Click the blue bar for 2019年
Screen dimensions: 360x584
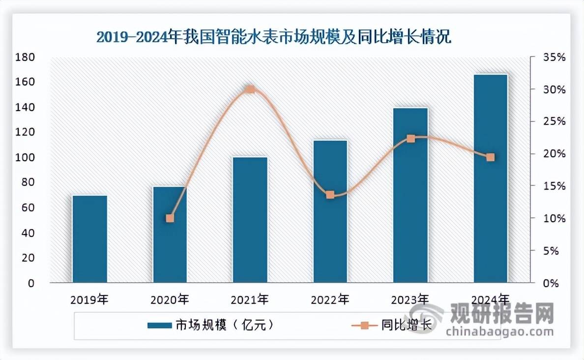coord(89,239)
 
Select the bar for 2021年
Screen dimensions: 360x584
coord(250,220)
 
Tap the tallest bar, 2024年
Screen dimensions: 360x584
coord(491,179)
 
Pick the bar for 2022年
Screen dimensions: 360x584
coord(330,211)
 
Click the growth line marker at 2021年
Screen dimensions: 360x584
coord(250,90)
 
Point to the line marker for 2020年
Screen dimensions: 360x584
coord(170,218)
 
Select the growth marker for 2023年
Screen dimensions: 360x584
coord(411,139)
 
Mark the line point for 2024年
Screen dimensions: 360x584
coord(491,157)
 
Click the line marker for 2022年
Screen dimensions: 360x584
coord(330,195)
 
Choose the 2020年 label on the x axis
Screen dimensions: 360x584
coord(170,299)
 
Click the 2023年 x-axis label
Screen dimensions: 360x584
coord(410,299)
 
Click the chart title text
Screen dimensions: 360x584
coord(273,37)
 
